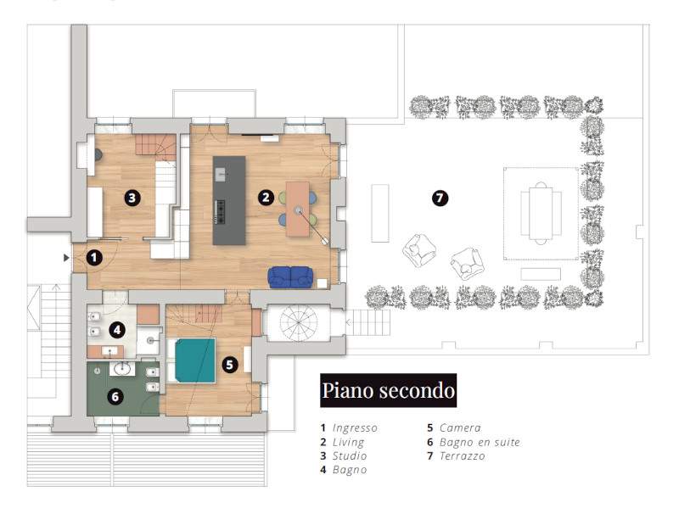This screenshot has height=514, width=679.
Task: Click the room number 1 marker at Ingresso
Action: [x=94, y=258]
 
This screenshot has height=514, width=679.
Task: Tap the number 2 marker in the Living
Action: [x=266, y=198]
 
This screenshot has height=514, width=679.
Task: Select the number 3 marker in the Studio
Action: [x=132, y=198]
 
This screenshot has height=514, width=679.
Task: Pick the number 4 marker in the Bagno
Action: [x=117, y=330]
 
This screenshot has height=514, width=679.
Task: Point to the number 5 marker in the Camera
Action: [x=229, y=365]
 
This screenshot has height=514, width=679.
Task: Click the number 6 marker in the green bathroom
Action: [x=115, y=397]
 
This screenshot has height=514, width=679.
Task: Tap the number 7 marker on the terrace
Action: [x=440, y=198]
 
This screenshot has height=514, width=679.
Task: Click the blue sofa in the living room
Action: [x=290, y=277]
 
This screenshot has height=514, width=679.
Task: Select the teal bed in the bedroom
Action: [x=194, y=360]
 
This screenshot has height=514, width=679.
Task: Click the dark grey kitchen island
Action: [x=229, y=200]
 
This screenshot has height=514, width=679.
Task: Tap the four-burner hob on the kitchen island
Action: [x=220, y=212]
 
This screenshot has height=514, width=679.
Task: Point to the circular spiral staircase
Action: [x=299, y=323]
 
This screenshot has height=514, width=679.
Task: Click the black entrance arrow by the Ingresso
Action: [x=66, y=258]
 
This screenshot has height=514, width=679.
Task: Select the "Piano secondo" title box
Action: [x=389, y=390]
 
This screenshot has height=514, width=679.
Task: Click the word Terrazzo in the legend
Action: [x=462, y=456]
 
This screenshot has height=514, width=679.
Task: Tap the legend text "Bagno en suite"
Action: [x=480, y=442]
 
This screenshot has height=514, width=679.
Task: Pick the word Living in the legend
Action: [x=348, y=443]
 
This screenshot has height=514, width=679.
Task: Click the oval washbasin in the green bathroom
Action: [x=121, y=369]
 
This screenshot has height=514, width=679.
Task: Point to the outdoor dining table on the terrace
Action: [x=541, y=213]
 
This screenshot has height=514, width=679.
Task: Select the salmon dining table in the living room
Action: [x=298, y=209]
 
